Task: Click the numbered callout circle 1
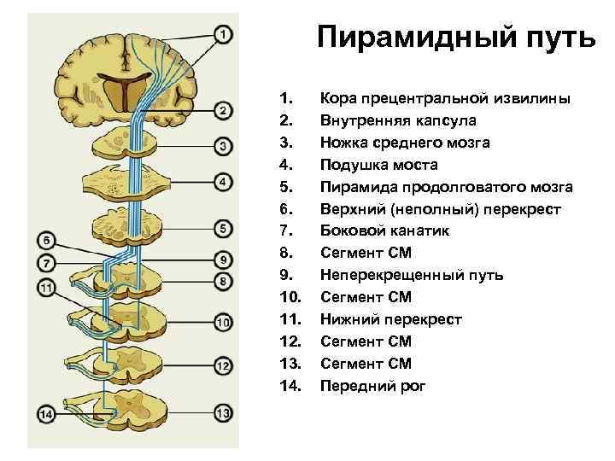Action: tap(222, 35)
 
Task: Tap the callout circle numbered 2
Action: tap(222, 111)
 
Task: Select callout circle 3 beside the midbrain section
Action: tap(222, 146)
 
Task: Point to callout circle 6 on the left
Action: tap(47, 240)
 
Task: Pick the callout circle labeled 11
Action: tap(47, 288)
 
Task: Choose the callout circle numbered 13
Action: tap(222, 414)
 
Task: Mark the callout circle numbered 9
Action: tap(222, 258)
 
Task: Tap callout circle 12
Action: tap(222, 366)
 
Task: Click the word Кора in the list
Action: tap(337, 98)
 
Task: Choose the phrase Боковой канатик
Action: tap(384, 231)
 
